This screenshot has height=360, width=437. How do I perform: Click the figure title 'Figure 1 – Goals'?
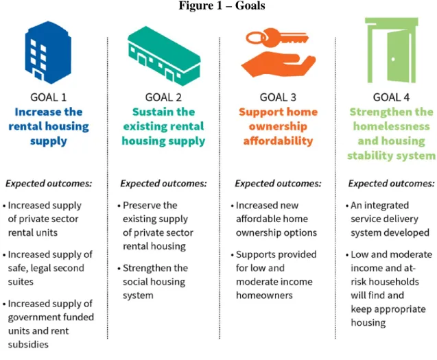pos(222,5)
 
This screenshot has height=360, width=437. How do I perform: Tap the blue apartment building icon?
pos(48,52)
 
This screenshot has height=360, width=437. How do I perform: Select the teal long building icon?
pos(164,56)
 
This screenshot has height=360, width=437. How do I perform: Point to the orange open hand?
pos(278,64)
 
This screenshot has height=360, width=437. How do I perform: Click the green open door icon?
pos(392,50)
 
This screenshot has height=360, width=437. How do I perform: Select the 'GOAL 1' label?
pos(49,97)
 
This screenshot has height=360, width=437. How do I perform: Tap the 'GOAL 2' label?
pos(163,97)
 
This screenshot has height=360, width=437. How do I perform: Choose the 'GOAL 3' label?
pos(278,97)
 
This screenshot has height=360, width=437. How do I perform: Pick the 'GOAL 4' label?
pos(391,97)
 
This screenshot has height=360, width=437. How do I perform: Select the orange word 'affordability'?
pos(278,141)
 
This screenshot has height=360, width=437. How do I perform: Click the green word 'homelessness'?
pos(391,126)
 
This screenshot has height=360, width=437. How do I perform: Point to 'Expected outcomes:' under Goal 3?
pos(278,183)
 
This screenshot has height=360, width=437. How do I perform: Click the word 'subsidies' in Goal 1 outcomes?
pos(28,344)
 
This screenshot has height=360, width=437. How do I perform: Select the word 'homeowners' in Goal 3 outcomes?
pos(264,296)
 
